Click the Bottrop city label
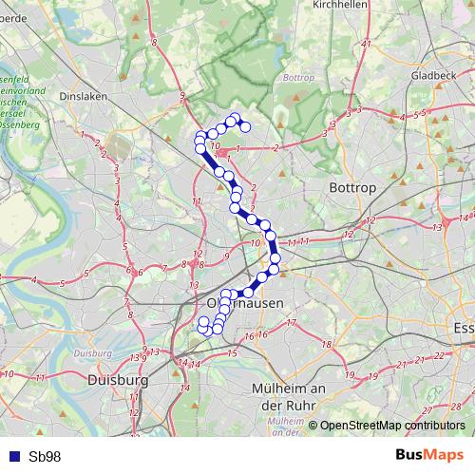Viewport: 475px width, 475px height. tap(352, 188)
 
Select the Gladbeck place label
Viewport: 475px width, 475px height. tap(434, 73)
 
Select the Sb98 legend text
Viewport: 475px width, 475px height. tap(45, 456)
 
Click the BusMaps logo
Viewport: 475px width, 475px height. tap(429, 456)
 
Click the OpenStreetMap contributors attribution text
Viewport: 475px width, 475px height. tap(392, 426)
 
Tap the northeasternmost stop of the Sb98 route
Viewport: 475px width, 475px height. tap(245, 126)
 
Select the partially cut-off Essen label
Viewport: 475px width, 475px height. tap(464, 327)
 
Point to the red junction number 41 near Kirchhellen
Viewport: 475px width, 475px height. tap(367, 44)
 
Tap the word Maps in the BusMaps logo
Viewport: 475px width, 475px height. tap(445, 456)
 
